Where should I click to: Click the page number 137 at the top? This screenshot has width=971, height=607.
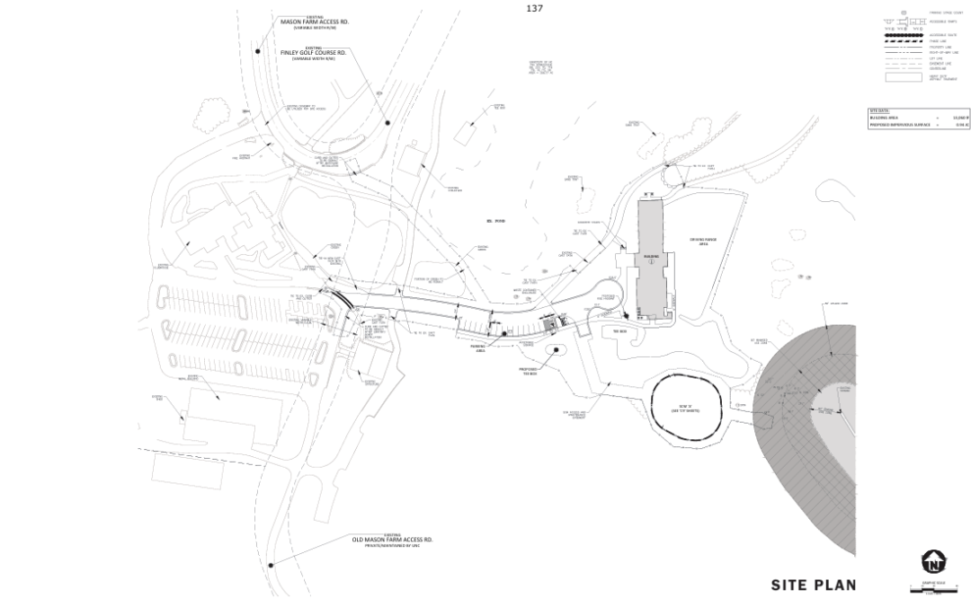coord(534,8)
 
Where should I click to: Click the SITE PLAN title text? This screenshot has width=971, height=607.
coord(813,585)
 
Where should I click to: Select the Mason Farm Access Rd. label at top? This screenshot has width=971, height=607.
coord(315,22)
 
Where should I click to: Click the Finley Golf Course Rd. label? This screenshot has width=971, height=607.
coord(313,54)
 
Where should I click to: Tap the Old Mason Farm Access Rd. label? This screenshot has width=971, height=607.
coord(392,541)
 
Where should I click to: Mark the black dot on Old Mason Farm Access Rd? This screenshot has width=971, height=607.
coord(271,565)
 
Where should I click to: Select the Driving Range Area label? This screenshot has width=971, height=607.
coord(701,241)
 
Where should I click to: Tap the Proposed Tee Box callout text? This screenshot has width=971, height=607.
coord(529,369)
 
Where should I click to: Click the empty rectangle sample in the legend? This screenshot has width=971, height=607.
coord(903,78)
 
